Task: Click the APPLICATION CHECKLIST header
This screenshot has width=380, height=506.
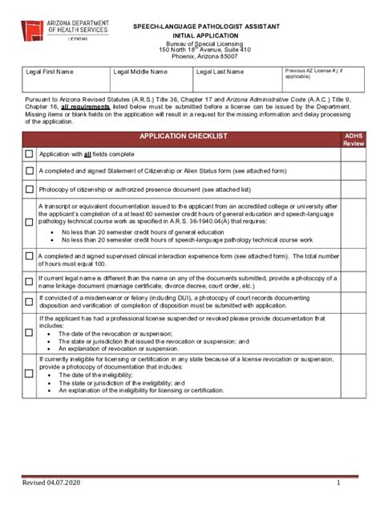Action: point(184,137)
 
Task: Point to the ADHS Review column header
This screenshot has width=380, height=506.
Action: point(354,140)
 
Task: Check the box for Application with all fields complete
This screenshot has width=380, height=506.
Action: point(29,153)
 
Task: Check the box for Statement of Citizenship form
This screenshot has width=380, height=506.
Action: point(29,171)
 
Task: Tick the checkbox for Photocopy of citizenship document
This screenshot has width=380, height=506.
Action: point(29,190)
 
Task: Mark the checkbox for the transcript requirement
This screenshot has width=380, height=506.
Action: point(29,222)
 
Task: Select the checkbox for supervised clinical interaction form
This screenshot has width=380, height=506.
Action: point(29,258)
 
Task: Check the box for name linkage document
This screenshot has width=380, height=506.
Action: point(29,282)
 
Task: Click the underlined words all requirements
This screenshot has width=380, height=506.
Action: point(87,105)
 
